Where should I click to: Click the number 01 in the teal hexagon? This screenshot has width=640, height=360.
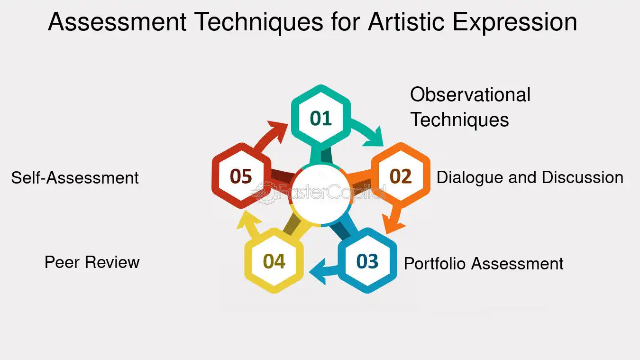tap(320, 119)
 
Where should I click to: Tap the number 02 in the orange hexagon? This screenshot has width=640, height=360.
tap(401, 176)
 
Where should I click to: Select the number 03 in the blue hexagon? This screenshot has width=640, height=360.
tap(367, 261)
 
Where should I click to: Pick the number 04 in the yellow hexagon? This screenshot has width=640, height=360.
tap(274, 261)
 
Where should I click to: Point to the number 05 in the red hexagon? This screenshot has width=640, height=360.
tap(241, 176)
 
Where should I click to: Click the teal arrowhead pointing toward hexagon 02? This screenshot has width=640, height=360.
tap(375, 137)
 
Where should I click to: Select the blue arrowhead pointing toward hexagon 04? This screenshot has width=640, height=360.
tap(319, 272)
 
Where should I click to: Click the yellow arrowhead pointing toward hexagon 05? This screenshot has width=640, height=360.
tap(248, 221)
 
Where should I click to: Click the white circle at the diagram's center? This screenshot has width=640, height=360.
tap(320, 194)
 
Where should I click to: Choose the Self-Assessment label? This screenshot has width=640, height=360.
tap(75, 177)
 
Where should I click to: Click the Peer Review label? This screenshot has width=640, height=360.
tap(92, 262)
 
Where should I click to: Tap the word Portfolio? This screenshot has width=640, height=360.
tap(435, 263)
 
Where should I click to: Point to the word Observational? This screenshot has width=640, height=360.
tap(470, 94)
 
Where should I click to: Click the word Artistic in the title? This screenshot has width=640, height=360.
tap(406, 22)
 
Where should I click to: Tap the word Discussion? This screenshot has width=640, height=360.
tap(582, 177)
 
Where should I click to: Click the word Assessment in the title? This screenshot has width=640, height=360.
tap(118, 22)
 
